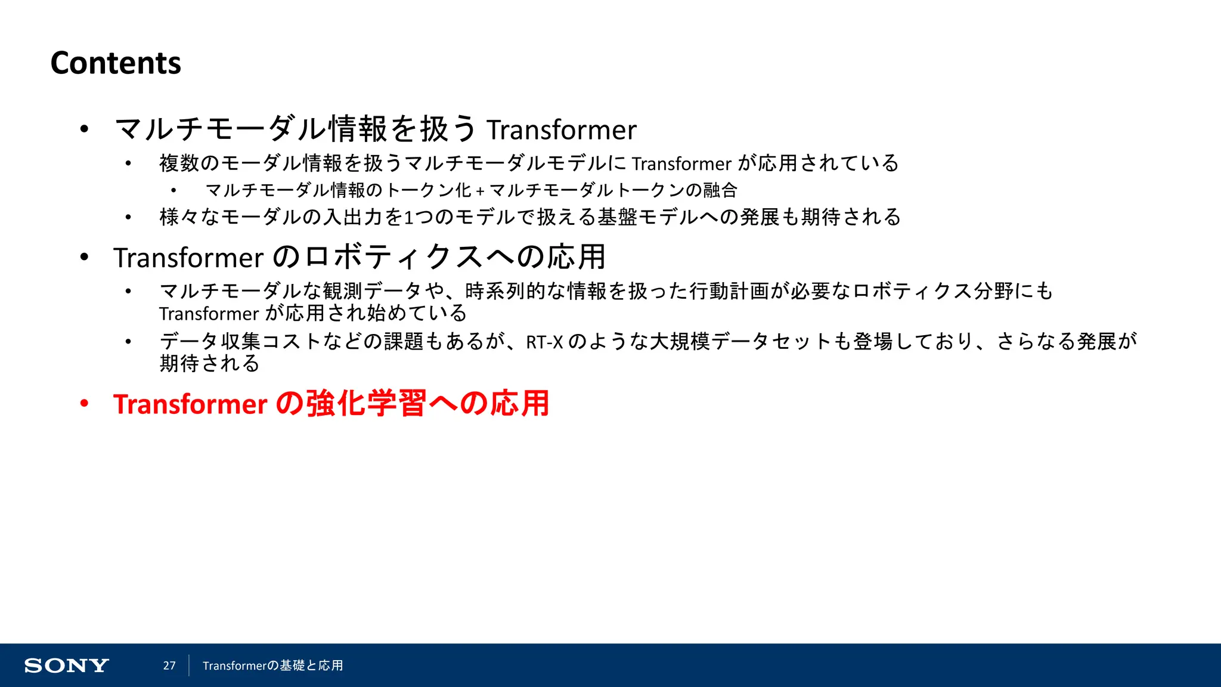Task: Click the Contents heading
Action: (116, 63)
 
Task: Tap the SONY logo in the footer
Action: (66, 666)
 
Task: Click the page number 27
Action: (169, 666)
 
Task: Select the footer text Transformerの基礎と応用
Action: (272, 666)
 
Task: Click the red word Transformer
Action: (190, 404)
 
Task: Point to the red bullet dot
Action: (84, 404)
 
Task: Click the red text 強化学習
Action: (366, 404)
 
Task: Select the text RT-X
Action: (544, 342)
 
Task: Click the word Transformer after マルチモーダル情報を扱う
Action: (562, 130)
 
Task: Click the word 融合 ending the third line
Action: (720, 191)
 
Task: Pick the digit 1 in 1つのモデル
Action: (408, 218)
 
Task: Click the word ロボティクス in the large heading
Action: (393, 258)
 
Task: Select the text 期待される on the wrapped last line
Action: (209, 363)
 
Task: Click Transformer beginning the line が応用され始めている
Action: (209, 314)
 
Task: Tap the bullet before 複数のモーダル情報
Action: (128, 164)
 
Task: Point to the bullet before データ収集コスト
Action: (128, 342)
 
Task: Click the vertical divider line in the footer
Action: (189, 666)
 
